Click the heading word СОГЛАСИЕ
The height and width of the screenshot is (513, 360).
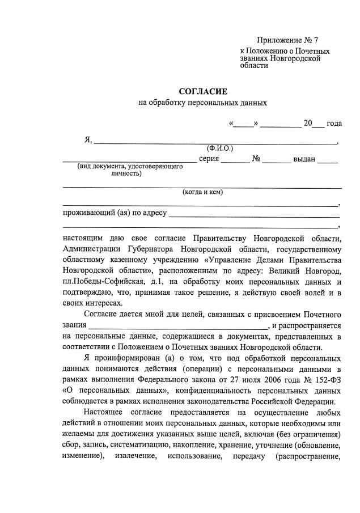coord(202,91)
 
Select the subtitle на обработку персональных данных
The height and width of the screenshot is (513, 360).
coord(202,103)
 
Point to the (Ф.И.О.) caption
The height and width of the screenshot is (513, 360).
coord(220,148)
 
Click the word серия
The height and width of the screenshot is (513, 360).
coord(209,159)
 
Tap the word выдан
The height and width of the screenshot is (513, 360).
coord(303,159)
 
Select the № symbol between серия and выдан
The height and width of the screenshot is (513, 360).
coord(256,159)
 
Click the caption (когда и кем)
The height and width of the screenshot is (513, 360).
coord(202,192)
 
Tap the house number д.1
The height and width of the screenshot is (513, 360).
coord(156,282)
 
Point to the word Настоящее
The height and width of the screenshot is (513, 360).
coord(107,413)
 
